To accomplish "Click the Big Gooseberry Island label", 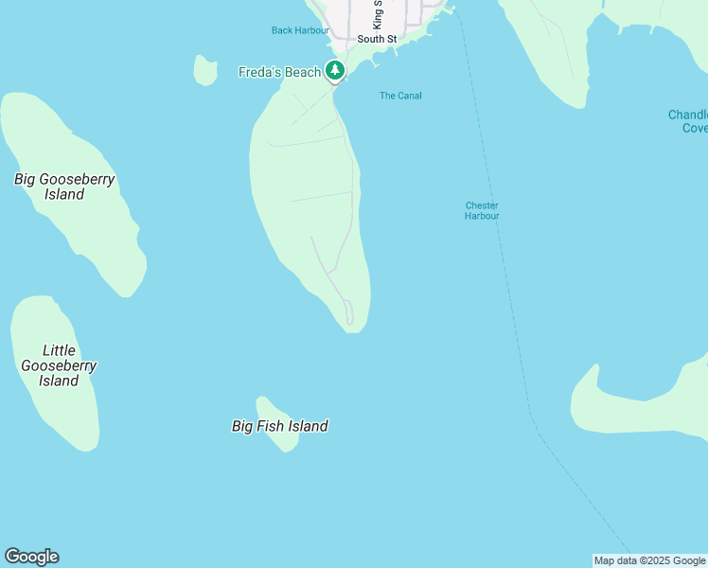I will [x=64, y=186].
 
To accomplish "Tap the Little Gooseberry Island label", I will [x=59, y=365].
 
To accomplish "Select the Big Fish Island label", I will [x=280, y=426].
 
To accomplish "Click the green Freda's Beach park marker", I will [x=334, y=70].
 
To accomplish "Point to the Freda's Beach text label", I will [x=279, y=72].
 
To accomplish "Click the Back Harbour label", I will [x=300, y=30].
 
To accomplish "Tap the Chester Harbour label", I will [x=482, y=210].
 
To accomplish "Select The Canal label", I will [x=400, y=96].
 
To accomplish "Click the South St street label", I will [x=377, y=39].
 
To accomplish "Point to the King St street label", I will [x=377, y=13].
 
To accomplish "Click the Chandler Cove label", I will [x=688, y=121].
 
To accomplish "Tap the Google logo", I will [x=31, y=557].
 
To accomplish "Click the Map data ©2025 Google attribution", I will [x=650, y=560].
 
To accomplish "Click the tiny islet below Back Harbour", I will [x=204, y=70].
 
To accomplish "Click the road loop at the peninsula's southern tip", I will [x=349, y=312].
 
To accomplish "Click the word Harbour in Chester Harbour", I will [x=482, y=216].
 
